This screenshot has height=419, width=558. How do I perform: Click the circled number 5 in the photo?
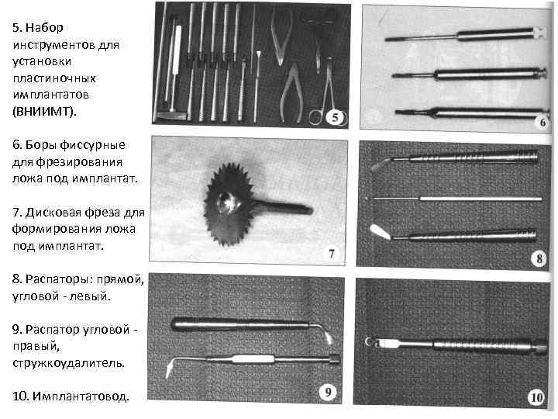[335, 117]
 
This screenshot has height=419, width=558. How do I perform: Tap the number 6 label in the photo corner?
[542, 123]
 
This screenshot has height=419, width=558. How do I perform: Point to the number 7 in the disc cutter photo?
[332, 254]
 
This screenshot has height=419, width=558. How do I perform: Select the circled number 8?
[539, 258]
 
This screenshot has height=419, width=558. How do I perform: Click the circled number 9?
[328, 393]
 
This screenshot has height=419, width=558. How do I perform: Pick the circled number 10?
[536, 397]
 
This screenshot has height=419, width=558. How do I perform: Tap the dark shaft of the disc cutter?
[284, 207]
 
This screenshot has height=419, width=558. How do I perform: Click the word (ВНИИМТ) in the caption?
[44, 112]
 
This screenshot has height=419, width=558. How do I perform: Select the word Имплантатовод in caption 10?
[81, 396]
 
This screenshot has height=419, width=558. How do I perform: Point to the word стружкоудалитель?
[69, 362]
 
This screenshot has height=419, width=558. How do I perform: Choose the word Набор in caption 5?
[44, 28]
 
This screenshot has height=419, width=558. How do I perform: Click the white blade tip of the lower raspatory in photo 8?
[379, 231]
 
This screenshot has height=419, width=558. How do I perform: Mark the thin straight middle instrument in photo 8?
[454, 199]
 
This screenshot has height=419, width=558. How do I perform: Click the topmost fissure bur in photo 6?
[466, 35]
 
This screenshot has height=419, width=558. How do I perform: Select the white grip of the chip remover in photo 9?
[253, 358]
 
